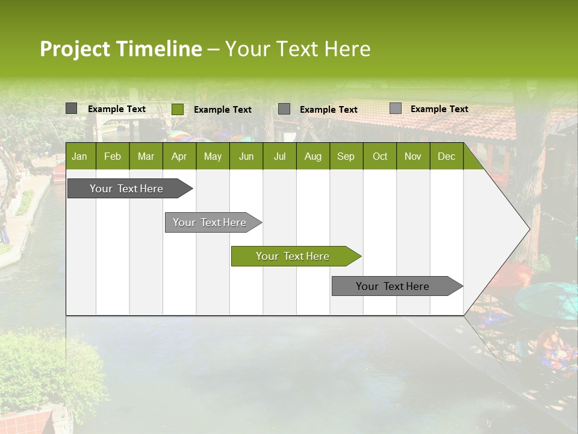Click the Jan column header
pos(79,157)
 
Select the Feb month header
pos(113,157)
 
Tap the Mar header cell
pos(146,157)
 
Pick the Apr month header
pos(179,157)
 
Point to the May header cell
pos(213,157)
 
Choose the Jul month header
pos(279,157)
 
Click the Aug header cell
pos(312,157)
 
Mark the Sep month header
pos(346,157)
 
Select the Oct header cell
pos(380,157)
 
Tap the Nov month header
pos(413,157)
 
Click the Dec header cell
pos(446,157)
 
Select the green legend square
pos(178,109)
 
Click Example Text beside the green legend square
pos(223,110)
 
